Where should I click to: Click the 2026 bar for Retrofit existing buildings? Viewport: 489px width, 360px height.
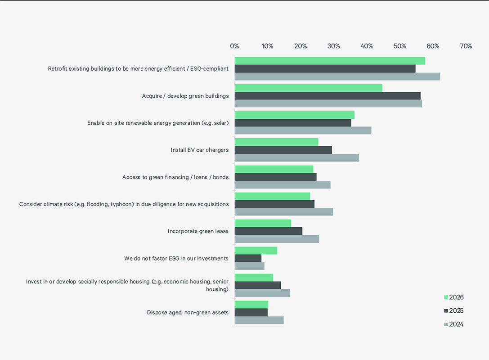tap(329, 61)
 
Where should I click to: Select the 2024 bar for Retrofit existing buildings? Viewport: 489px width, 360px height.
tap(337, 76)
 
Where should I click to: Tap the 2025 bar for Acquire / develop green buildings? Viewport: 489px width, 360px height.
tap(327, 96)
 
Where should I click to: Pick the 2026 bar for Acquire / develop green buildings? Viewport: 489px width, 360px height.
tap(308, 88)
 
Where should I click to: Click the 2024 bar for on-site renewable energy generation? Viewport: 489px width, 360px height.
tap(303, 130)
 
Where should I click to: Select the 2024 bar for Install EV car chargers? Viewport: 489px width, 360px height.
tap(296, 157)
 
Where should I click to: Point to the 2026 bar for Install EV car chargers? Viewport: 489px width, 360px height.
tap(276, 142)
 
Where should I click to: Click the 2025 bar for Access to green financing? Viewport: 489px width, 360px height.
tap(275, 177)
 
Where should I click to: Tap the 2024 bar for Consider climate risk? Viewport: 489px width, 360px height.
tap(283, 212)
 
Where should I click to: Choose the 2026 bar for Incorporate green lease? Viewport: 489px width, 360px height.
tap(263, 223)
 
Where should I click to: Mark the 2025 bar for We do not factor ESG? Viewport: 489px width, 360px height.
tap(248, 258)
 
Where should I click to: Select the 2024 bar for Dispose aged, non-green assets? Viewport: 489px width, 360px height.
tap(259, 320)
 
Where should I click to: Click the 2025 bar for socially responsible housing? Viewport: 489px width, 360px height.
tap(257, 285)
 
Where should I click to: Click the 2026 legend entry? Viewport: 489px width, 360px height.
tap(453, 297)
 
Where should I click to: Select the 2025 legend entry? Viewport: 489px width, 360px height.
tap(453, 310)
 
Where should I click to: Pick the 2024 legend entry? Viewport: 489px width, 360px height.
tap(453, 324)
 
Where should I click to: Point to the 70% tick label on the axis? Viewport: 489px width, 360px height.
tap(466, 46)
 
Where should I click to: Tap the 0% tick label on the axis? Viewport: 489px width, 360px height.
tap(234, 46)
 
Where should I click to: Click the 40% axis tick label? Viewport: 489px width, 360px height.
tap(367, 46)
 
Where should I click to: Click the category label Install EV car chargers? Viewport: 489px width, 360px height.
tap(199, 150)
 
